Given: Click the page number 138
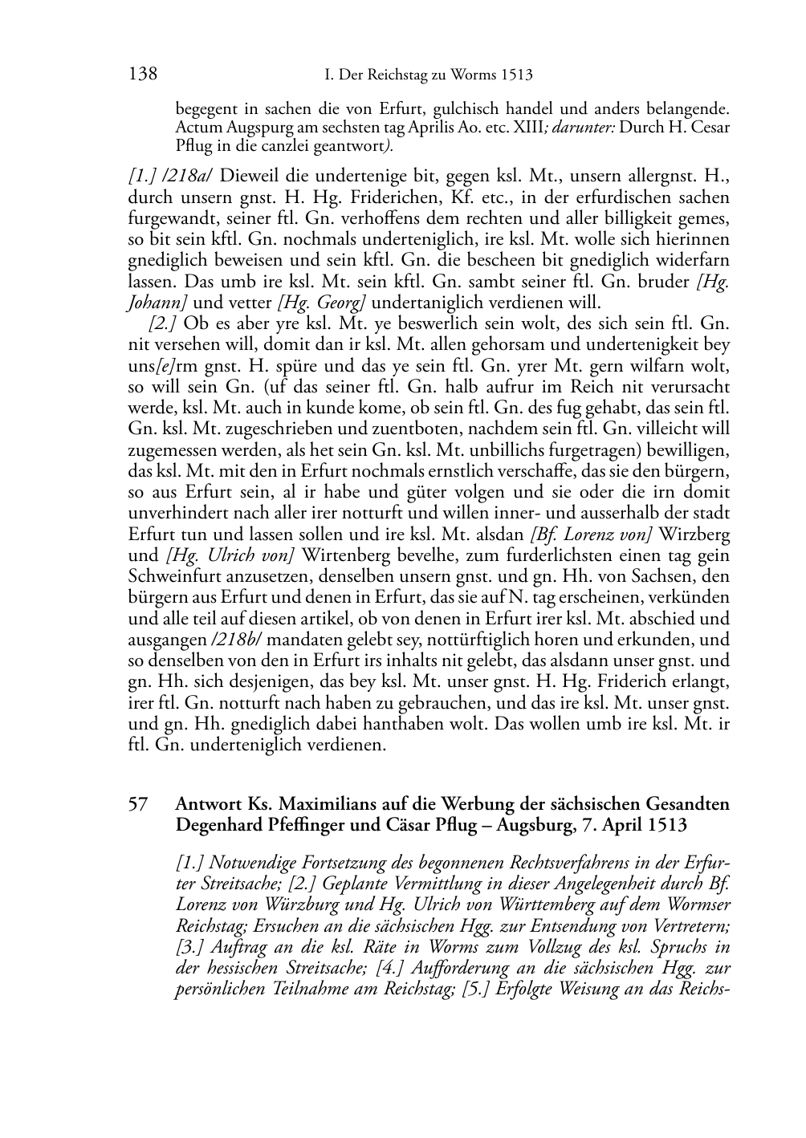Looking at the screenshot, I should [x=142, y=75].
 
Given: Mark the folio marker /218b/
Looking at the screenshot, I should [x=242, y=640].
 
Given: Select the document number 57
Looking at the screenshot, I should [x=138, y=803].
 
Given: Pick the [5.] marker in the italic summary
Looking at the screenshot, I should [x=477, y=989].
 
